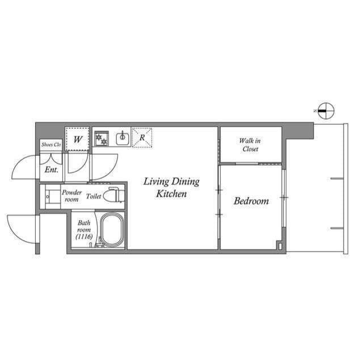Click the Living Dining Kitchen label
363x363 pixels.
click(x=171, y=188)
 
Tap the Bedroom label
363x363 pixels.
click(x=251, y=201)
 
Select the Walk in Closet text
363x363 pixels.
click(x=250, y=145)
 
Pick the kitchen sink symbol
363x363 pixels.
click(x=121, y=137)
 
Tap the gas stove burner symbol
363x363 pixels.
click(x=102, y=137)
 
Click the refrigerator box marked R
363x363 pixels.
click(x=142, y=137)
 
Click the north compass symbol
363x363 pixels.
click(x=326, y=111)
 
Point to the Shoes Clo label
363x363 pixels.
click(x=51, y=145)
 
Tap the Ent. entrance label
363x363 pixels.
click(x=51, y=169)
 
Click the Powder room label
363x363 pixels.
click(x=72, y=196)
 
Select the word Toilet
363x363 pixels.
click(x=94, y=196)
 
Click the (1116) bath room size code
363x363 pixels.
click(x=83, y=237)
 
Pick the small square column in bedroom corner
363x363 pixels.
click(x=278, y=245)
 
